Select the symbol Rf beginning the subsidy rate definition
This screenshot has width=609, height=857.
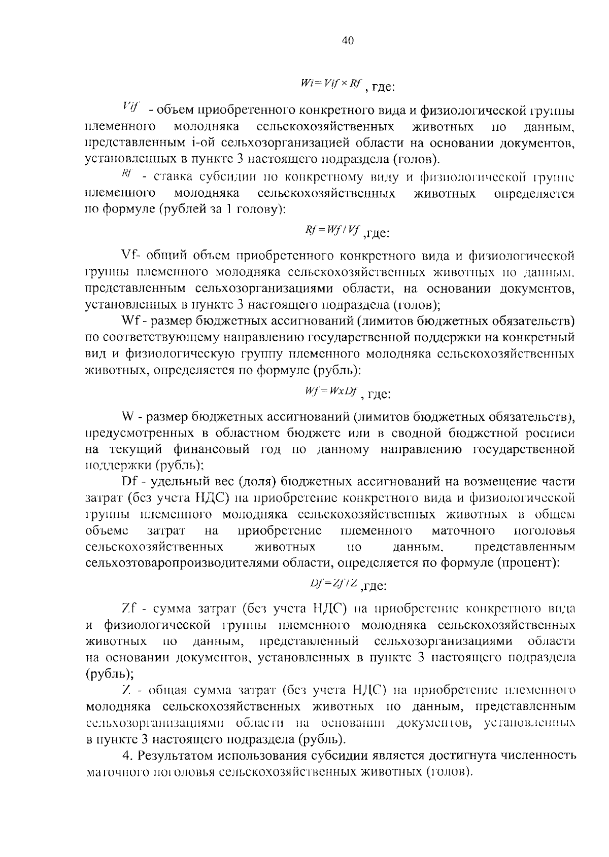127,174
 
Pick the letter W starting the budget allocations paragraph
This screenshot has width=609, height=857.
128,417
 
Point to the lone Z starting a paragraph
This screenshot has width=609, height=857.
127,690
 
